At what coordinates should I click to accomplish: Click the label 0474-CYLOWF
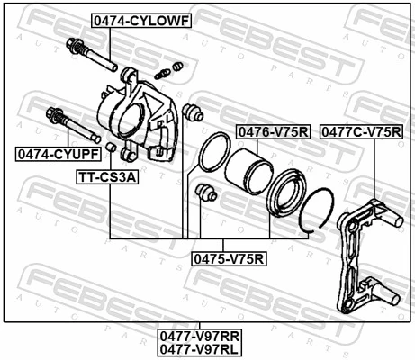pyautogui.click(x=140, y=20)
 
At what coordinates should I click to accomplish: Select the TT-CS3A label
pyautogui.click(x=109, y=177)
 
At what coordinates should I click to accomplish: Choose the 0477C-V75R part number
pyautogui.click(x=362, y=132)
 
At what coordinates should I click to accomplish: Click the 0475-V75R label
pyautogui.click(x=229, y=258)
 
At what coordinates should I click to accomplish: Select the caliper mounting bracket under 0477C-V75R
pyautogui.click(x=365, y=256)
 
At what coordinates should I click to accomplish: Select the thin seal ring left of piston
pyautogui.click(x=212, y=154)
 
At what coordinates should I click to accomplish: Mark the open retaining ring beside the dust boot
pyautogui.click(x=316, y=211)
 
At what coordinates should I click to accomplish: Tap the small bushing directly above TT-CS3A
pyautogui.click(x=109, y=148)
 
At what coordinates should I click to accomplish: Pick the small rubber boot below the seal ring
pyautogui.click(x=205, y=193)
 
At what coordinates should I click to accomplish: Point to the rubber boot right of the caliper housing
pyautogui.click(x=191, y=113)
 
